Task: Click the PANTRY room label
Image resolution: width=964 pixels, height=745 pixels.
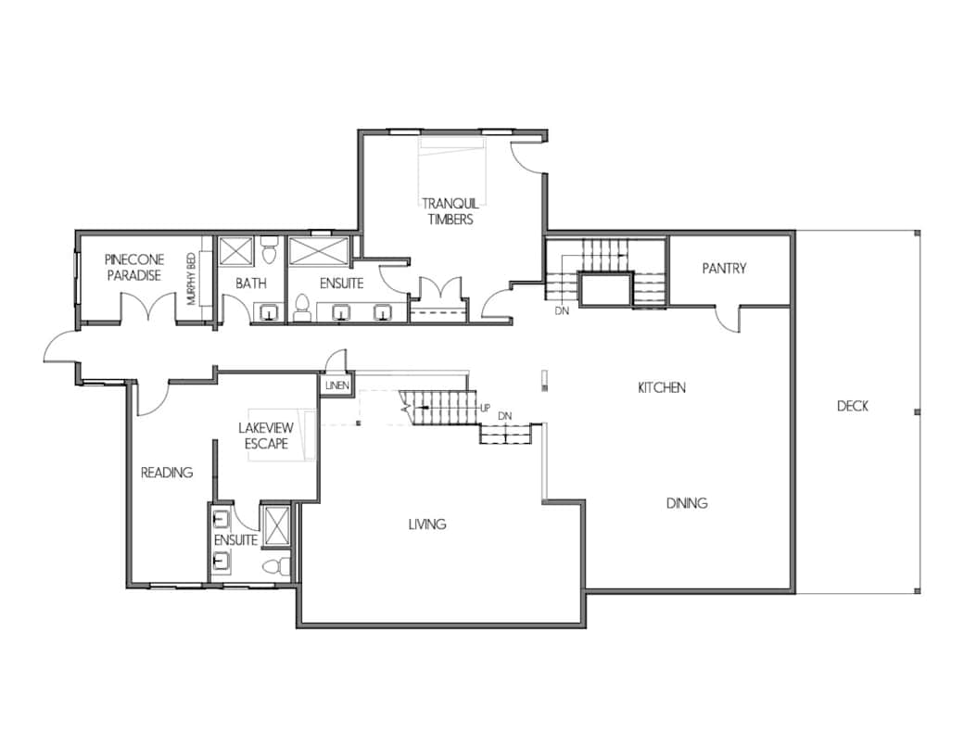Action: coord(724,268)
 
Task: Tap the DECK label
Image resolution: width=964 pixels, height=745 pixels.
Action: coord(853,406)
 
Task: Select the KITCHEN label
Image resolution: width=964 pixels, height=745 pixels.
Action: coord(662,387)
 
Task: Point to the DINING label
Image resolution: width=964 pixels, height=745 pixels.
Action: coord(687,503)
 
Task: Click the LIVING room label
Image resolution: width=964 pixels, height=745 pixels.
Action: coord(427,524)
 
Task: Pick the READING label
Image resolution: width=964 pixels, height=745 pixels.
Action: coord(167,472)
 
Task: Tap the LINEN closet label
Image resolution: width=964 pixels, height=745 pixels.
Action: coord(336,386)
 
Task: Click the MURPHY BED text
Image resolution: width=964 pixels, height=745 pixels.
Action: coord(191,279)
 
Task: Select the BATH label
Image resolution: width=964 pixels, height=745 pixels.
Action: coord(251,284)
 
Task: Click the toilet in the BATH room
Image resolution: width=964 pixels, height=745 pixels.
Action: coord(270,249)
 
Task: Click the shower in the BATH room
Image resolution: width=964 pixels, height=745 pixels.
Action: coord(235,251)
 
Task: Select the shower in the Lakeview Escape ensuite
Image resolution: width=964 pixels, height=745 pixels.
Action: coord(275,524)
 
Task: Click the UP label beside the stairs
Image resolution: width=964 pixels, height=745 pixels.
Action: coord(485,408)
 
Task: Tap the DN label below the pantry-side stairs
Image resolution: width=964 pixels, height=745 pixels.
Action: coord(562,311)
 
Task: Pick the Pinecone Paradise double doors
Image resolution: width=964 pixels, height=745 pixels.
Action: coord(148,307)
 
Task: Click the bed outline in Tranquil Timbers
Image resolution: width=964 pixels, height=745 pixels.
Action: coord(452,171)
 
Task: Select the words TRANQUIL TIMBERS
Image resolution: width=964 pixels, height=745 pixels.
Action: coord(450,211)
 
